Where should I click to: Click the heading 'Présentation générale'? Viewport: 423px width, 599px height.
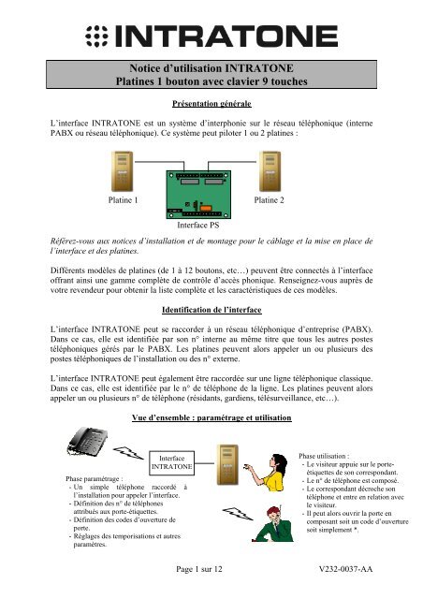click(211, 104)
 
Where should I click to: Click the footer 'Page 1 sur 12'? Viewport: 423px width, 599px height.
click(211, 568)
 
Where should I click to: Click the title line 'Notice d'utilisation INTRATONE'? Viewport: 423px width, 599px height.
click(211, 67)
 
